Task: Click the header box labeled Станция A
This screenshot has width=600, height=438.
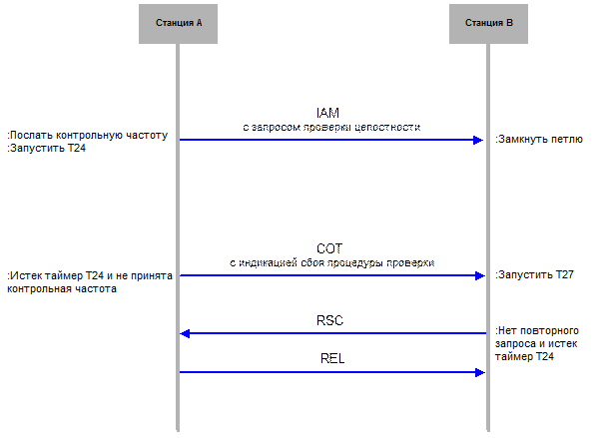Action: click(179, 22)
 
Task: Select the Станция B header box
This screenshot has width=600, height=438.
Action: click(488, 22)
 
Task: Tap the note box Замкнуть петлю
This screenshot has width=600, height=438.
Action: click(542, 140)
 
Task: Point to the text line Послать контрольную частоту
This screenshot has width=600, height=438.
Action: click(88, 134)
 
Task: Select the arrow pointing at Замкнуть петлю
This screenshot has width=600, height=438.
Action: click(329, 140)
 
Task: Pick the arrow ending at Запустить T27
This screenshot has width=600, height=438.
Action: click(329, 275)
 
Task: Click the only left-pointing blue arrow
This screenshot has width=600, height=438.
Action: click(329, 333)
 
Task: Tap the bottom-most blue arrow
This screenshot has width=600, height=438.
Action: click(329, 372)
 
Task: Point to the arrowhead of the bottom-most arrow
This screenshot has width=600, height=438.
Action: click(479, 372)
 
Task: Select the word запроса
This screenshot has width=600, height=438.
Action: click(518, 342)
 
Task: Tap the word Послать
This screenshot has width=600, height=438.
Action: click(30, 134)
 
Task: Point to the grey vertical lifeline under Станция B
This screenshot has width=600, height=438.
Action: click(488, 219)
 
